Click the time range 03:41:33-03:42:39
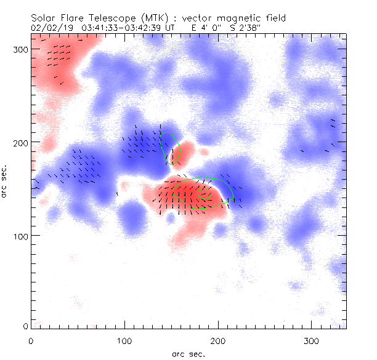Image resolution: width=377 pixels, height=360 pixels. tap(132, 27)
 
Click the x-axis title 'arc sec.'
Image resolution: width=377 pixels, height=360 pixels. tap(188, 353)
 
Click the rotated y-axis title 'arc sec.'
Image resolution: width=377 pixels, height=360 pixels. tap(6, 181)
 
